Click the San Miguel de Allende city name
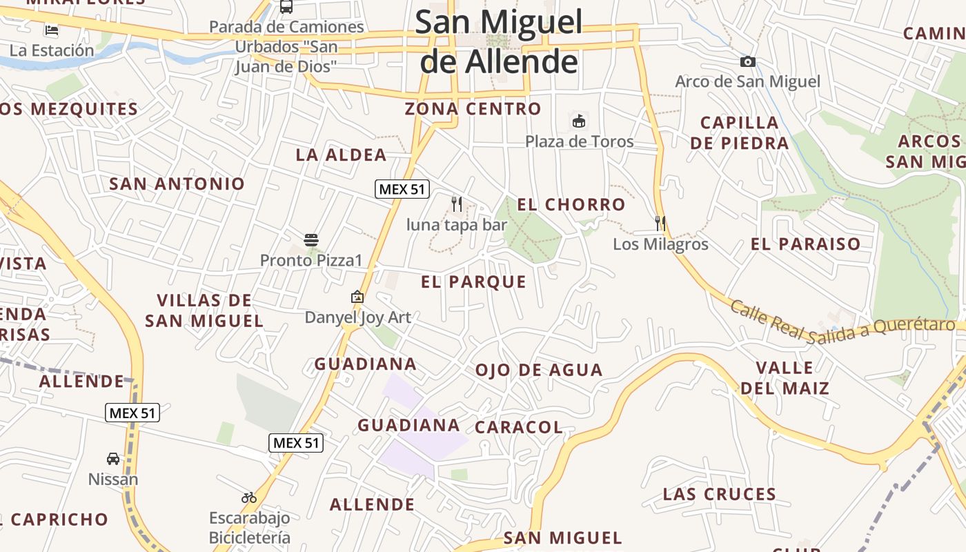[x=498, y=41]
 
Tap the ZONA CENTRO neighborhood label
[x=473, y=109]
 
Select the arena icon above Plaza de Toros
[x=579, y=121]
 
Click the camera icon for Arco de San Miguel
[x=747, y=62]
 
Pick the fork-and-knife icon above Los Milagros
[x=660, y=223]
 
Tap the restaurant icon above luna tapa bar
[x=456, y=204]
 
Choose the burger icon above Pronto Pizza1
[x=311, y=240]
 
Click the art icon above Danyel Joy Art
[x=357, y=297]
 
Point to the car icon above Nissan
[x=113, y=459]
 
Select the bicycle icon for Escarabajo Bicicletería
[x=249, y=497]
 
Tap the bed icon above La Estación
[x=52, y=30]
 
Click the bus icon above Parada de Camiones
[x=286, y=7]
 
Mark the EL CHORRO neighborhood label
[x=571, y=205]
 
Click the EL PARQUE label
[x=473, y=282]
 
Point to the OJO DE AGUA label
[x=539, y=371]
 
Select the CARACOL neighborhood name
[x=519, y=428]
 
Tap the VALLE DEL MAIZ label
[x=785, y=377]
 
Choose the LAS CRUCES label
[x=720, y=495]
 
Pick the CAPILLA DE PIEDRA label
[x=739, y=133]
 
